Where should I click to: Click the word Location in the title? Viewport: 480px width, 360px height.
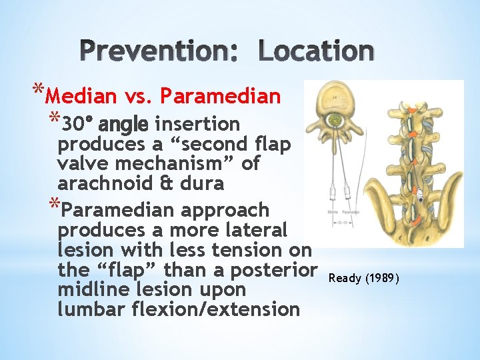(315, 51)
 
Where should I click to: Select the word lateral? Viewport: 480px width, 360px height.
(257, 230)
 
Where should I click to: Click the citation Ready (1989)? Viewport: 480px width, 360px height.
(364, 277)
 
